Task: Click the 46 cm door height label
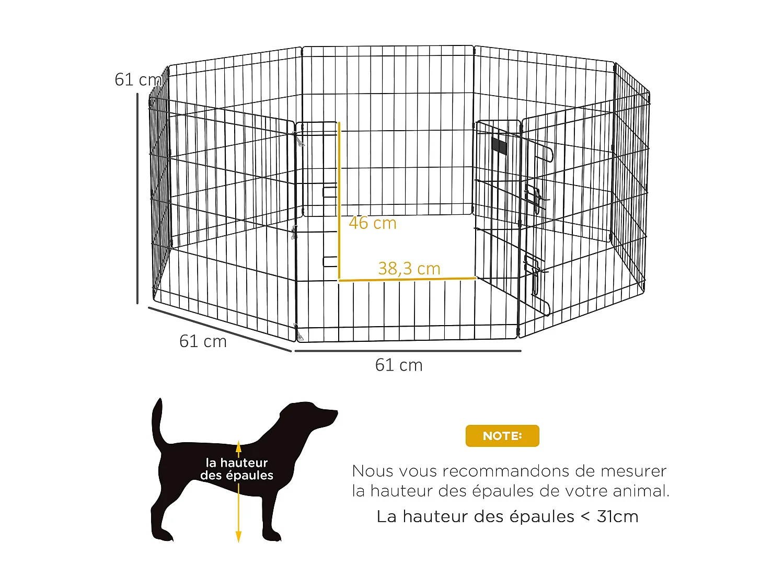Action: point(373,223)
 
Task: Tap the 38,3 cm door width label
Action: point(409,269)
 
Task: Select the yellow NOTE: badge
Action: point(502,436)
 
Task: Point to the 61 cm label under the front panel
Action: point(399,365)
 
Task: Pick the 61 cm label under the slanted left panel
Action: point(203,341)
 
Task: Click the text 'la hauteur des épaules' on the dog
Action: point(237,469)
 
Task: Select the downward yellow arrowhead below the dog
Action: point(238,536)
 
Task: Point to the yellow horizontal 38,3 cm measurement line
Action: point(408,279)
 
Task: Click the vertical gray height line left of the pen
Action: point(137,199)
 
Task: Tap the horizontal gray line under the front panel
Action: point(408,351)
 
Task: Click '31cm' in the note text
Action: point(617,516)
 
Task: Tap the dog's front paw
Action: point(273,536)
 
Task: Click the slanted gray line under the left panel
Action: point(220,329)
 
